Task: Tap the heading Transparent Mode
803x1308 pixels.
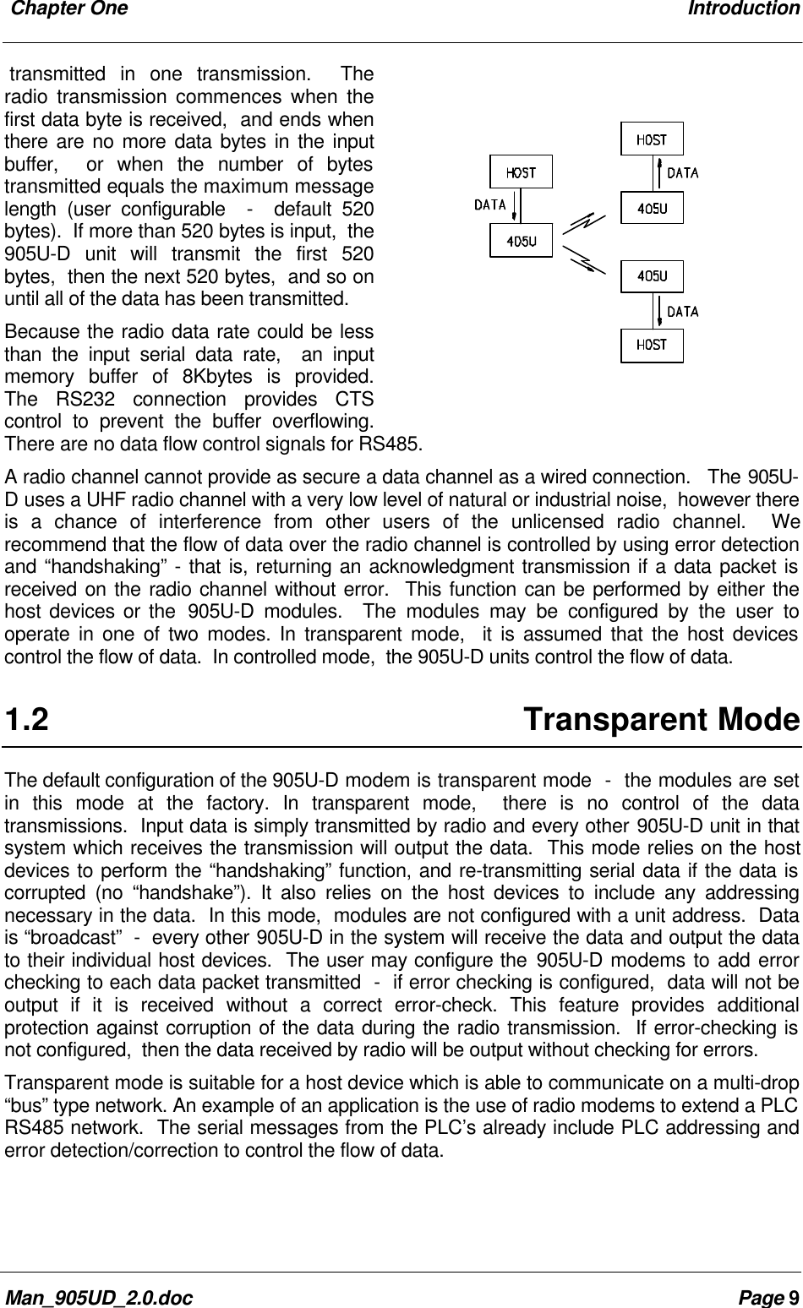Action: click(661, 721)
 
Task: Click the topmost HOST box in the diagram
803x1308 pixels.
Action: click(652, 139)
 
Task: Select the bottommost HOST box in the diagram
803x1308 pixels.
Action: click(652, 345)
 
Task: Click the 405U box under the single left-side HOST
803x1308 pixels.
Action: click(521, 241)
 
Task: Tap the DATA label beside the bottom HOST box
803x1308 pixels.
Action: click(683, 311)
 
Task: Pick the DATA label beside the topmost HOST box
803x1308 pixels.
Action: click(683, 173)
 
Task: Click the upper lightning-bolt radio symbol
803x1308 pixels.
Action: click(585, 224)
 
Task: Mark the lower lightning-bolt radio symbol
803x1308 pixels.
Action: click(585, 258)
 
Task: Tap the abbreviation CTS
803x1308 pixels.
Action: click(356, 397)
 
